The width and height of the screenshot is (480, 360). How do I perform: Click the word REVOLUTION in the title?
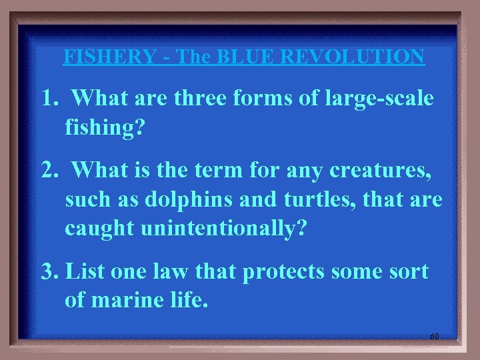click(x=353, y=57)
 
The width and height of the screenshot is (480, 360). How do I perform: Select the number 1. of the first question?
click(x=49, y=99)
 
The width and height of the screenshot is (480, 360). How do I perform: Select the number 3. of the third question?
click(x=50, y=273)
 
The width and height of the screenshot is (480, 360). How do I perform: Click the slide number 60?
click(x=434, y=337)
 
